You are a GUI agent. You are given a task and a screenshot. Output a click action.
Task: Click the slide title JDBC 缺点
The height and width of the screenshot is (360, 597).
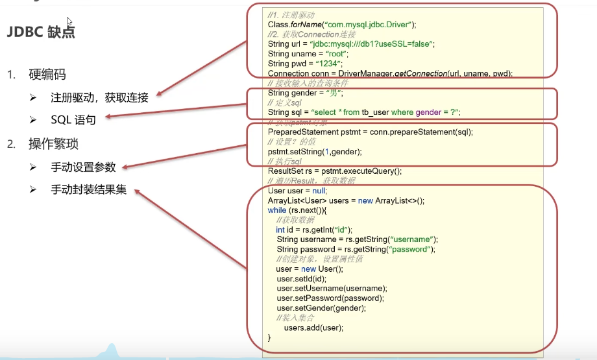click(40, 32)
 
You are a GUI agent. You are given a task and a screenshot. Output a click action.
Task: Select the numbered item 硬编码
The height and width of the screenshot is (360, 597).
click(47, 75)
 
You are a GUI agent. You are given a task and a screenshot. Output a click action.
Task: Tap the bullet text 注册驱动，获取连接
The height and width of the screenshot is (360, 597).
click(99, 98)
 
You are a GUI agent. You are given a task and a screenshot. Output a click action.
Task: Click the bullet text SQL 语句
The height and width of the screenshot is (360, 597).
click(73, 120)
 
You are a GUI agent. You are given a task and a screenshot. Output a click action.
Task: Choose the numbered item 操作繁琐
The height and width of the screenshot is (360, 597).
click(54, 143)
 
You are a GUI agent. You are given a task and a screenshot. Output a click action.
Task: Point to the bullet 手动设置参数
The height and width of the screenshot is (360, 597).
click(83, 167)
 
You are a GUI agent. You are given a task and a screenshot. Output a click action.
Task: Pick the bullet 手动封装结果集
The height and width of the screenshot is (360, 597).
click(88, 190)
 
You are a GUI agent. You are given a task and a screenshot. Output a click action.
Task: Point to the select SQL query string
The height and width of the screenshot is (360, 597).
click(385, 112)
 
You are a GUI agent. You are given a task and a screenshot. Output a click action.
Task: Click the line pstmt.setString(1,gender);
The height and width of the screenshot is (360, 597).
click(315, 152)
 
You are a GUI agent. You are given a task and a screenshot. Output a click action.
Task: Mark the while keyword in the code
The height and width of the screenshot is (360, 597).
click(277, 210)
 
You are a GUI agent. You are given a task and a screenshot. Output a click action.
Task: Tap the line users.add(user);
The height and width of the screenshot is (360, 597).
click(313, 328)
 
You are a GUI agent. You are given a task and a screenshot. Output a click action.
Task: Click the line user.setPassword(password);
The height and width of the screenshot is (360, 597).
click(330, 298)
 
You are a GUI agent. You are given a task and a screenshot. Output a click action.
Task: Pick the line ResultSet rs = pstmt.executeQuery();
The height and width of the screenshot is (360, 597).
click(334, 171)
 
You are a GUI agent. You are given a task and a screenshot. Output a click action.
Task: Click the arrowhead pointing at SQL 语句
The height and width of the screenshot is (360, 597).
click(110, 117)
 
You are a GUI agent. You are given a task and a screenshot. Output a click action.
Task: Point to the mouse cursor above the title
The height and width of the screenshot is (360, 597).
click(69, 21)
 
